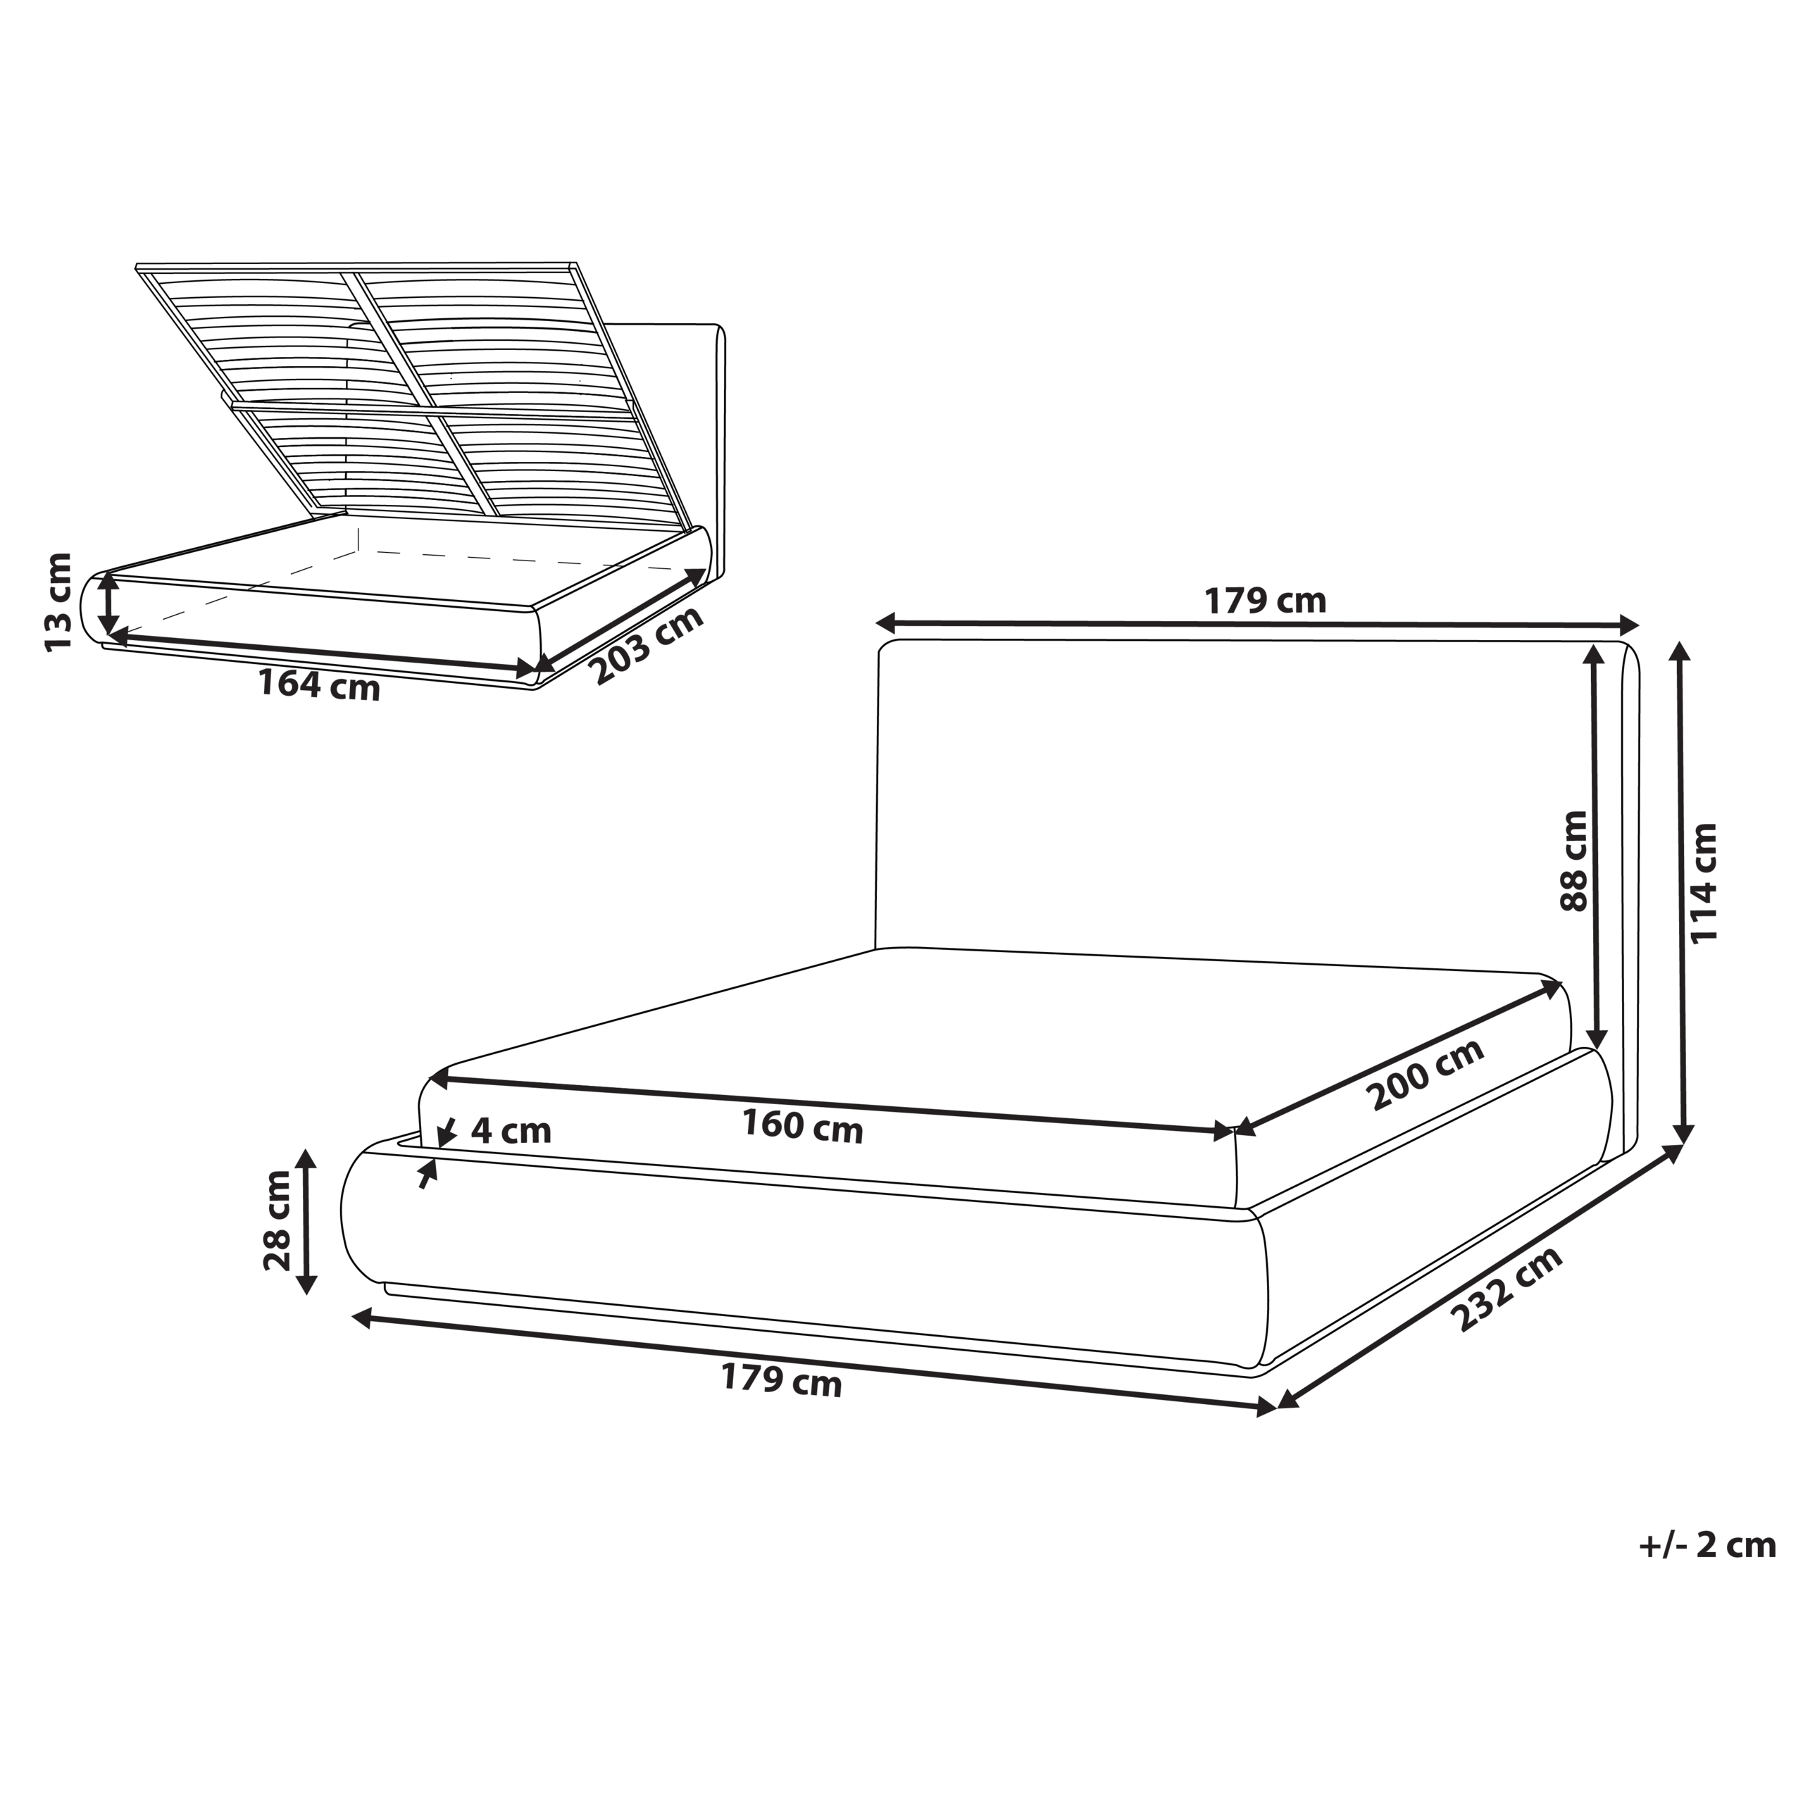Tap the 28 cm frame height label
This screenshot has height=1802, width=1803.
tap(277, 1220)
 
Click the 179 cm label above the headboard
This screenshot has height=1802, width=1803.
tap(1264, 601)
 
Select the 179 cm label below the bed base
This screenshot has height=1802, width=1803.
tap(781, 1379)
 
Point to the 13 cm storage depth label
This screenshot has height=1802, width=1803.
tap(58, 603)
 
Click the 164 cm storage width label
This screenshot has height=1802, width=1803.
tap(319, 685)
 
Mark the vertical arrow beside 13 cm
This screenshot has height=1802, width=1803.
tap(109, 603)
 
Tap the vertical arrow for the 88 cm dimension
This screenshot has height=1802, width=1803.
tap(1597, 849)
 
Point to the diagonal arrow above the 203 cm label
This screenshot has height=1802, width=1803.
tap(620, 620)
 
